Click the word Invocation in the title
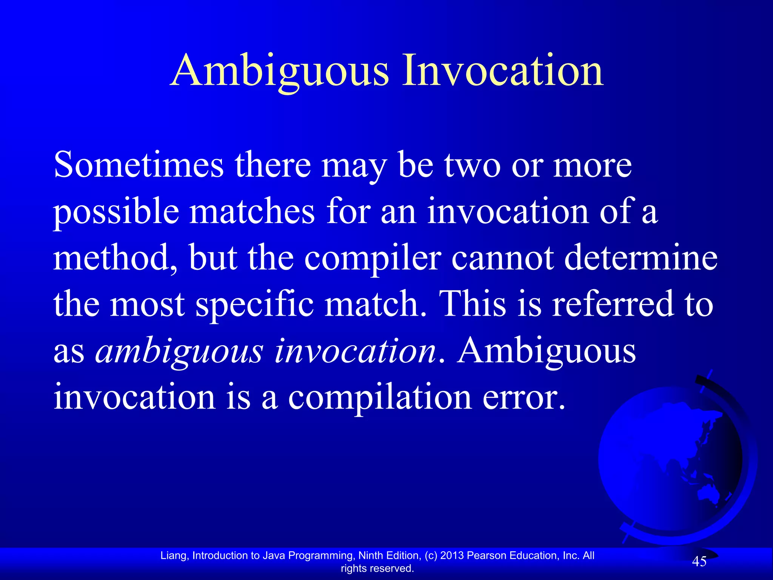[503, 71]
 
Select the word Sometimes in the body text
[139, 165]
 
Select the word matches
[252, 211]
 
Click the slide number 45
[699, 562]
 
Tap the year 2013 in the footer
[452, 555]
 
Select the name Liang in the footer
[173, 556]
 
